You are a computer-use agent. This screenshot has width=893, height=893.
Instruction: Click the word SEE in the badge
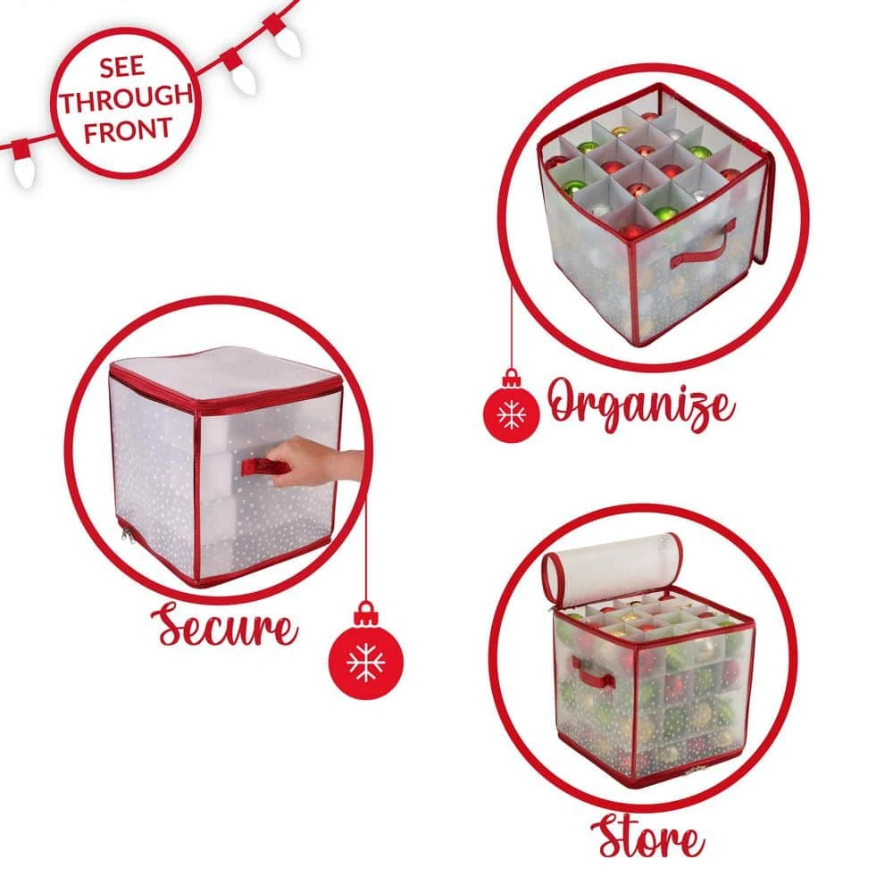pos(121,68)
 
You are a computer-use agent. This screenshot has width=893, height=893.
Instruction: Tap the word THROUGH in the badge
pos(126,99)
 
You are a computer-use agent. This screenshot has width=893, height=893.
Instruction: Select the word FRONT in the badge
pos(128,130)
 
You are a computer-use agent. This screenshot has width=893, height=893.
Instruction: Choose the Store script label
pos(647,837)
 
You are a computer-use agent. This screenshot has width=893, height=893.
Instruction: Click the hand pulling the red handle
pos(316,460)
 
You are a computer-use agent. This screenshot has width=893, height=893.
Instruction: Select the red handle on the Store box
pos(592,672)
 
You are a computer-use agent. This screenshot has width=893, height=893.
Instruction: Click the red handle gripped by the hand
pos(264,466)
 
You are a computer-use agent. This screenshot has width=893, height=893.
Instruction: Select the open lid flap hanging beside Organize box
pos(762,208)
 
